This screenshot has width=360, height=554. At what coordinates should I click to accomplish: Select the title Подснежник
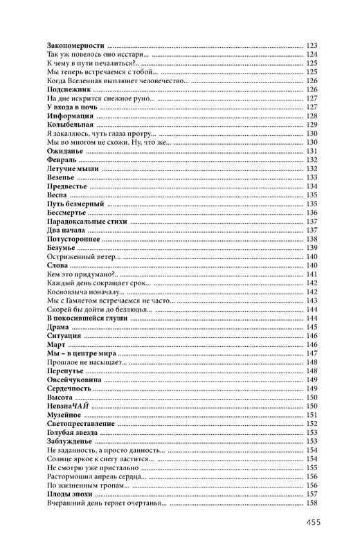click(66, 89)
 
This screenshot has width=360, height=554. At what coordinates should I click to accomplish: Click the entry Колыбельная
click(69, 125)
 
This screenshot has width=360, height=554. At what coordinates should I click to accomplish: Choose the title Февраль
click(60, 160)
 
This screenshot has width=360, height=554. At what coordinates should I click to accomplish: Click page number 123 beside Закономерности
click(311, 45)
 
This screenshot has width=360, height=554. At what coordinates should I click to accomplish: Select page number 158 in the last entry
click(311, 503)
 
